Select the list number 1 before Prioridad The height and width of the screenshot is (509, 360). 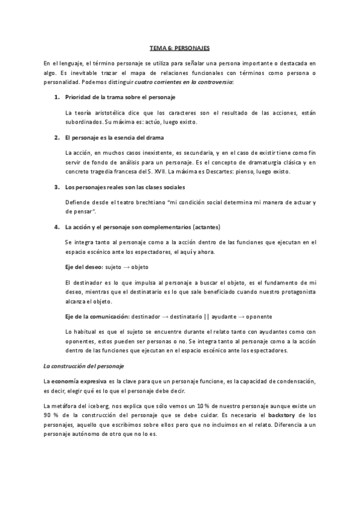[x=57, y=97]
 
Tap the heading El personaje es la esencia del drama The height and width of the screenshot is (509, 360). [x=112, y=137]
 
